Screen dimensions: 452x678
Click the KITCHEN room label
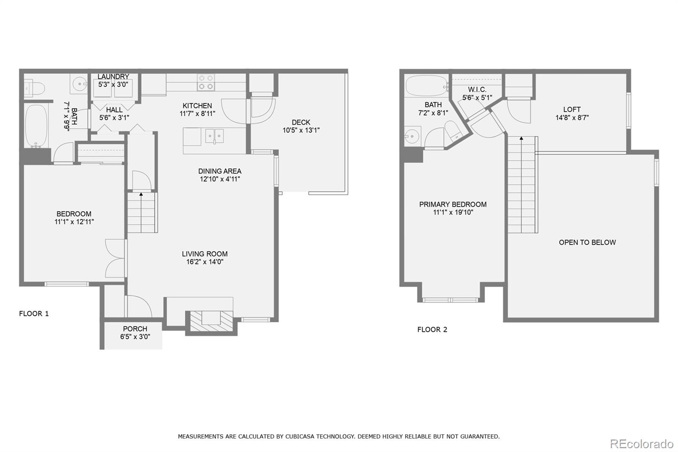197,106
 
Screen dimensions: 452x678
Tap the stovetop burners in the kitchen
206,82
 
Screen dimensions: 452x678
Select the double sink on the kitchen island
214,136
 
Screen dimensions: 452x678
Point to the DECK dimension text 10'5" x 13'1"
301,130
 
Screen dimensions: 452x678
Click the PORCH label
135,329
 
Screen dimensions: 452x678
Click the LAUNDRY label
113,76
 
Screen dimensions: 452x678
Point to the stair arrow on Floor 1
141,194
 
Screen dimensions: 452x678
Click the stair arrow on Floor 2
521,138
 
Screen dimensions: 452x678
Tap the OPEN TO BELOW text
587,242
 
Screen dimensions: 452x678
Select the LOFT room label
572,109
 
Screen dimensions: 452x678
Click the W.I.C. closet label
477,89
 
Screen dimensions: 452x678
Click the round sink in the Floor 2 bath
411,136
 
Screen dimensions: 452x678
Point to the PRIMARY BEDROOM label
453,204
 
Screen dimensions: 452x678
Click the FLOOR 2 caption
432,329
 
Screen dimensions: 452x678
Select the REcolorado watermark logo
641,444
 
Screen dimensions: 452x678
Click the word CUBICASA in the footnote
302,436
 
